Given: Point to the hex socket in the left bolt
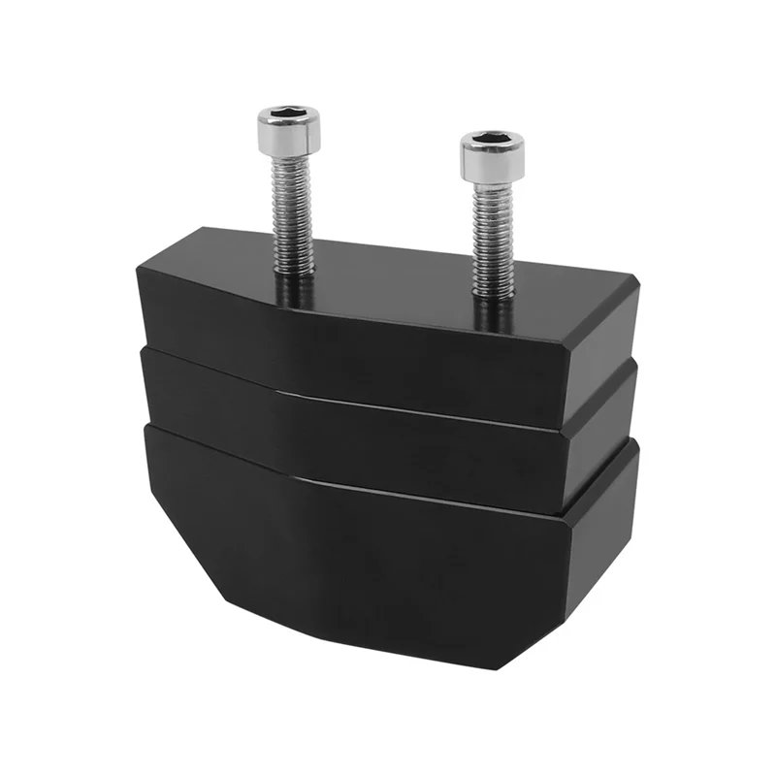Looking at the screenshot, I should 287,117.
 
